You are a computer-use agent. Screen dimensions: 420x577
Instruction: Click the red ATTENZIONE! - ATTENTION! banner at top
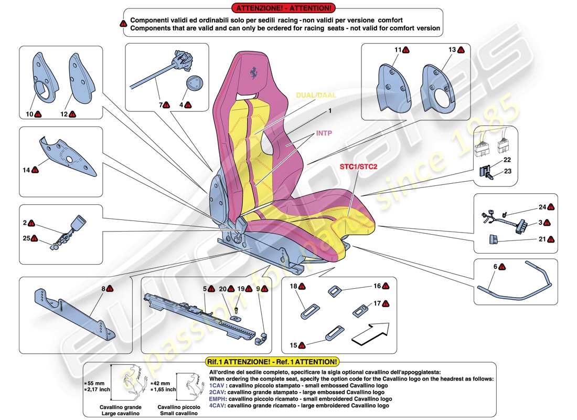tap(283, 8)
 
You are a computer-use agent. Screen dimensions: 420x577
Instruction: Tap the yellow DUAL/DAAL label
tap(316, 95)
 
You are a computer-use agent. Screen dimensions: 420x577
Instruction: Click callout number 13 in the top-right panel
tap(452, 50)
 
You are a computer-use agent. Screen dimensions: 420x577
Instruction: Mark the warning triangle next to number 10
tap(38, 114)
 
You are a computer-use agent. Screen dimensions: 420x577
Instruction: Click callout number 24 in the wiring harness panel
tap(542, 207)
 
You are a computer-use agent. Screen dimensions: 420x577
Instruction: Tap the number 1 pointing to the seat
tap(330, 111)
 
